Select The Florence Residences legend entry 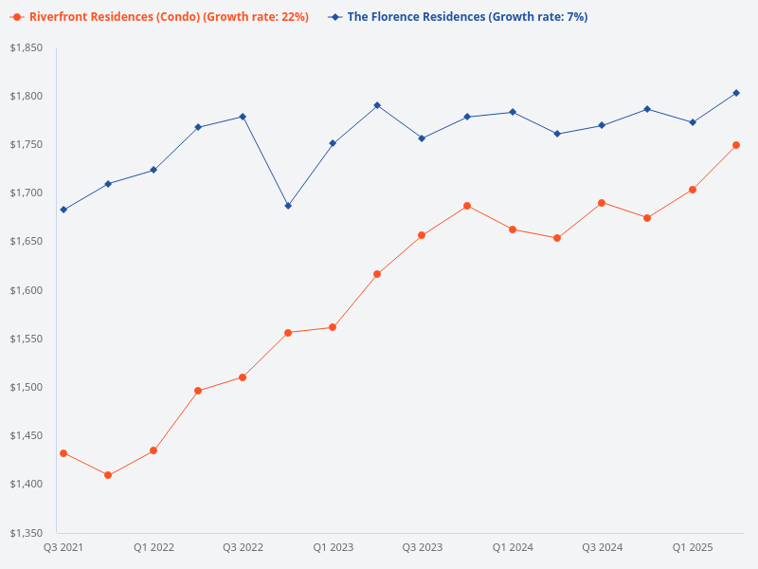pos(464,17)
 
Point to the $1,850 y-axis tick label pos(27,47)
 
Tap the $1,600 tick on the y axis pos(27,290)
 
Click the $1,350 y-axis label pos(27,533)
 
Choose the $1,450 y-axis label pos(27,435)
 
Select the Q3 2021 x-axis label pos(63,548)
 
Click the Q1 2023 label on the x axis pos(333,548)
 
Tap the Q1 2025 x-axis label pos(693,548)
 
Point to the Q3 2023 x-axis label pos(423,548)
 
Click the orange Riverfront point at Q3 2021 pos(63,453)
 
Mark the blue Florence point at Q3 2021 pos(63,210)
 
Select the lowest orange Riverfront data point pos(108,475)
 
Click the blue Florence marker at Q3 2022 pos(243,117)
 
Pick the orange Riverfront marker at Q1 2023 pos(333,327)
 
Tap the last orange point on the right pos(736,145)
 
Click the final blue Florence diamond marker pos(736,93)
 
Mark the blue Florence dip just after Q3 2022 pos(288,206)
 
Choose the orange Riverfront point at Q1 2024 pos(513,229)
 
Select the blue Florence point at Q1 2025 pos(693,122)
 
